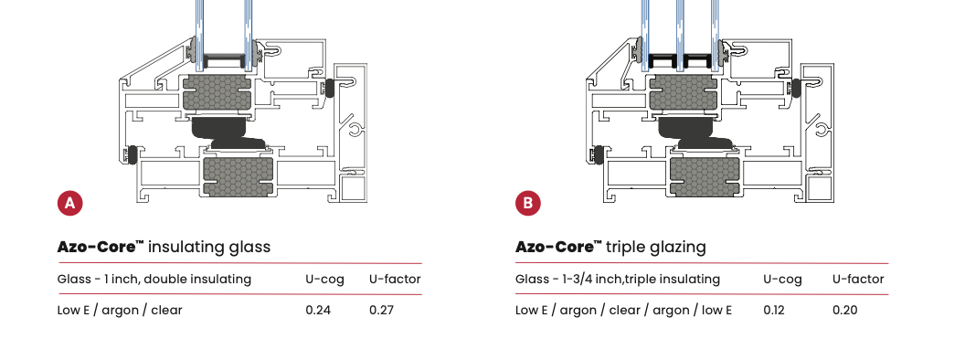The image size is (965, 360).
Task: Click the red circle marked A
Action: pyautogui.click(x=69, y=202)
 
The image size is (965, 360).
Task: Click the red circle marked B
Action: pyautogui.click(x=528, y=202)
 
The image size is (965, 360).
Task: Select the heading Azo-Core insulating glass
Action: pyautogui.click(x=164, y=247)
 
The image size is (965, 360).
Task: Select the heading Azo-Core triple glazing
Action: pyautogui.click(x=610, y=247)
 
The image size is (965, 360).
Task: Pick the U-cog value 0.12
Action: pyautogui.click(x=775, y=310)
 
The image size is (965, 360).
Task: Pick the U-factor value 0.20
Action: pyautogui.click(x=844, y=310)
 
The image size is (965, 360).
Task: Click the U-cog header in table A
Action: pyautogui.click(x=324, y=279)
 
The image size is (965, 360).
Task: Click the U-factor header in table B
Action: pyautogui.click(x=858, y=279)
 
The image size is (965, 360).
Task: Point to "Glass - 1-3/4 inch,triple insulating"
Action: pyautogui.click(x=618, y=279)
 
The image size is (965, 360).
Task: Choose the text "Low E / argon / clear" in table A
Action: pyautogui.click(x=120, y=310)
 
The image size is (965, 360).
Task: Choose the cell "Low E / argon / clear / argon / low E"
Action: pyautogui.click(x=624, y=310)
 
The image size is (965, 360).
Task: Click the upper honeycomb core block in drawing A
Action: pyautogui.click(x=218, y=94)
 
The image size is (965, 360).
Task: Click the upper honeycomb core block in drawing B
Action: pyautogui.click(x=684, y=94)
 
